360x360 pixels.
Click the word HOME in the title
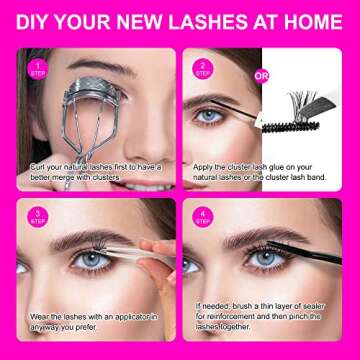(310, 22)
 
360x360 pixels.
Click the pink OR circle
(262, 74)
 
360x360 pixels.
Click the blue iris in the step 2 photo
(209, 116)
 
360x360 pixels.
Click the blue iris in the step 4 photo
(263, 257)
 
